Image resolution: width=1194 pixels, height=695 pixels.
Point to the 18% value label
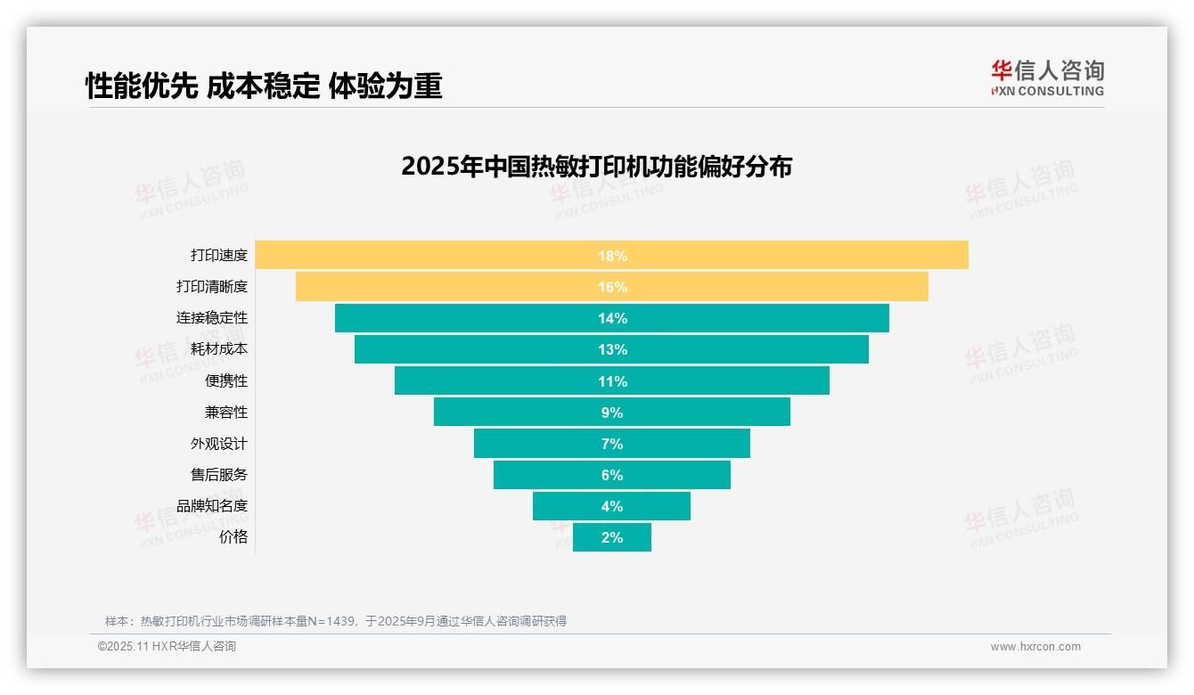pyautogui.click(x=612, y=256)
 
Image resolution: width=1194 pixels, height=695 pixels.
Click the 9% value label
pyautogui.click(x=612, y=413)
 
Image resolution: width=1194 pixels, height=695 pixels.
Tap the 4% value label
pyautogui.click(x=612, y=506)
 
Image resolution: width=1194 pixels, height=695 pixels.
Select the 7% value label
pyautogui.click(x=612, y=444)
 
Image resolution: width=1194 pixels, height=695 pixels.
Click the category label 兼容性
pyautogui.click(x=226, y=413)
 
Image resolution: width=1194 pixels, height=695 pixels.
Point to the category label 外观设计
pyautogui.click(x=219, y=444)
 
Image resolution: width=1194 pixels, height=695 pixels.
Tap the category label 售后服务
pyautogui.click(x=219, y=475)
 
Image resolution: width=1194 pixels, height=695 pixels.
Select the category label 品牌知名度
pyautogui.click(x=212, y=506)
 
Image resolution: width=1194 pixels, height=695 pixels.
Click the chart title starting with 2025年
pyautogui.click(x=596, y=167)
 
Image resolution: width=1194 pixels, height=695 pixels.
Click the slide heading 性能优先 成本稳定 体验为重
pyautogui.click(x=264, y=86)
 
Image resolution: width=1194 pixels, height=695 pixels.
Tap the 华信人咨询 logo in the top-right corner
pyautogui.click(x=1047, y=78)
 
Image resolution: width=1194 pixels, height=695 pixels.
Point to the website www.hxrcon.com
pyautogui.click(x=1035, y=647)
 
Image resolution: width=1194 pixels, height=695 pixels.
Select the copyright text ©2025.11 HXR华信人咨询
pyautogui.click(x=167, y=647)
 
